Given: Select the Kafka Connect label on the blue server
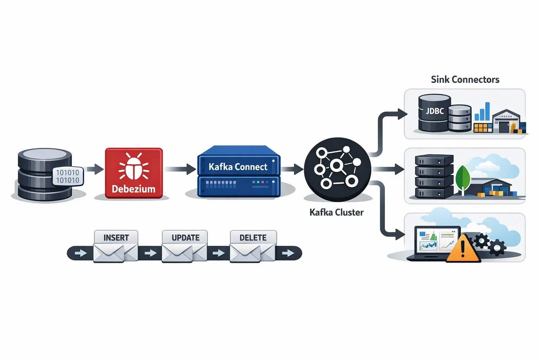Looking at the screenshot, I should (x=238, y=167).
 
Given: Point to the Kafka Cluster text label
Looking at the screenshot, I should (x=336, y=212).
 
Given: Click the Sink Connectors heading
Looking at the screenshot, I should (x=465, y=79).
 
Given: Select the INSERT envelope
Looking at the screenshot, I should (x=116, y=247).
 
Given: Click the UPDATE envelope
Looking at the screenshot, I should (x=185, y=247).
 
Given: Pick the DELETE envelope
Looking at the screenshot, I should (x=253, y=247).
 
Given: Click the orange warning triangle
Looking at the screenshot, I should (x=463, y=249).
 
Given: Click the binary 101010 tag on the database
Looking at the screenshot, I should (x=68, y=177).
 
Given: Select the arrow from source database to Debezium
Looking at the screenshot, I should (x=95, y=169).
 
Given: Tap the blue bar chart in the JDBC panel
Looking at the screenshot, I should (x=482, y=112).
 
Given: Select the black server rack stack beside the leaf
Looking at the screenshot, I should (x=434, y=176).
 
